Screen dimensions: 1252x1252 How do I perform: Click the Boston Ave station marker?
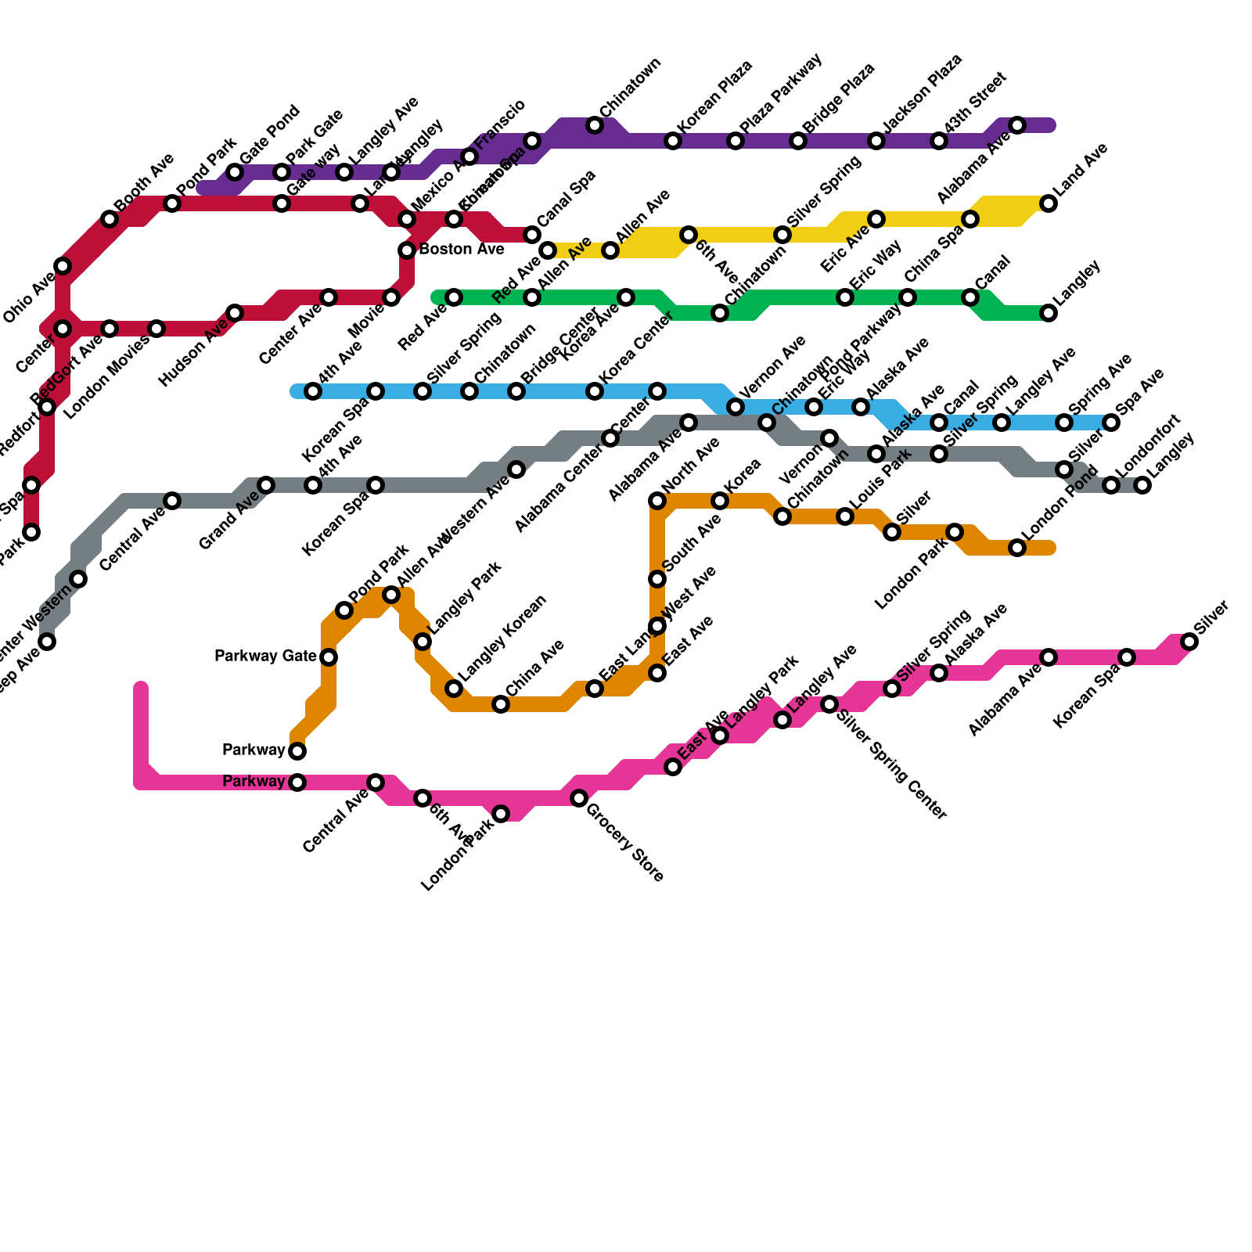pyautogui.click(x=407, y=250)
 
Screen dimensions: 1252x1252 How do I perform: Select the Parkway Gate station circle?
pyautogui.click(x=329, y=657)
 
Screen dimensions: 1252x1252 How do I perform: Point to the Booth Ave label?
pyautogui.click(x=144, y=182)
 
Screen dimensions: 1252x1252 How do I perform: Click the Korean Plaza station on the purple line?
pyautogui.click(x=673, y=141)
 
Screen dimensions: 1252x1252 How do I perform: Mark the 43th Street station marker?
pyautogui.click(x=939, y=141)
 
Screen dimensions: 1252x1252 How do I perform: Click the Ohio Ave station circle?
pyautogui.click(x=63, y=266)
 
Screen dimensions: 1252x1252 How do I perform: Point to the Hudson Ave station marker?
pyautogui.click(x=235, y=313)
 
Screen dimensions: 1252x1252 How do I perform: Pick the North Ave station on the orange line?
pyautogui.click(x=657, y=501)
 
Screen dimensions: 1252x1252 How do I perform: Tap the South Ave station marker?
pyautogui.click(x=657, y=579)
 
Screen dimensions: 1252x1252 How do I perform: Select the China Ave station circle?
pyautogui.click(x=501, y=704)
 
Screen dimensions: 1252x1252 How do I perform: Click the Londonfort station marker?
pyautogui.click(x=1111, y=485)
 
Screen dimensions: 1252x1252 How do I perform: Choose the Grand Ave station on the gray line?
pyautogui.click(x=266, y=485)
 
